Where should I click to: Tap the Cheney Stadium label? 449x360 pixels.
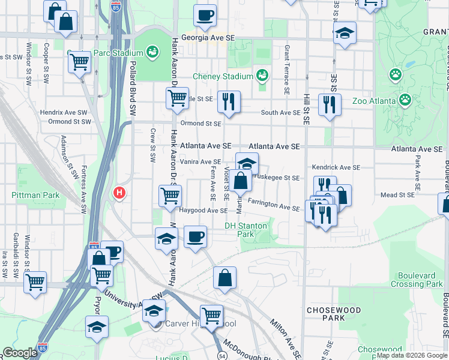coord(223,76)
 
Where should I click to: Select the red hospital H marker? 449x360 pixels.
coord(119,193)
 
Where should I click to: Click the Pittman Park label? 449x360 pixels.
coord(35,195)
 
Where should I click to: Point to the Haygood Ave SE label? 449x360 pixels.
coord(203,211)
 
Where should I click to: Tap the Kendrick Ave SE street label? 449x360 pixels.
coord(336,167)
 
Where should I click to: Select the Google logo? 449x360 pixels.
coord(19,353)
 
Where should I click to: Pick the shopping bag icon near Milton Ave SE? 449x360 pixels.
coord(224,278)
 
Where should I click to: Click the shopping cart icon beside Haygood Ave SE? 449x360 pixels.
coord(170,195)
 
